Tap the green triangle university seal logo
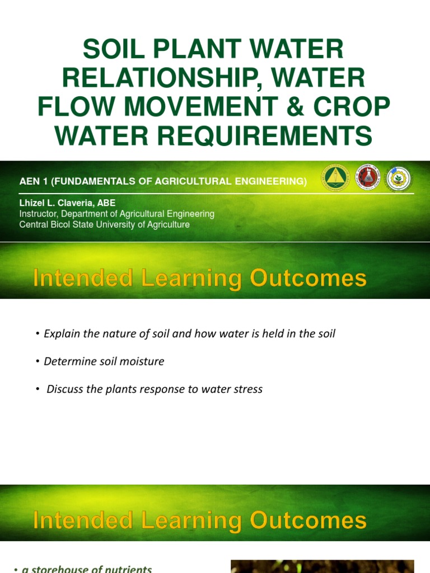point(335,179)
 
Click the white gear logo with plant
point(399,179)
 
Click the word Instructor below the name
point(38,214)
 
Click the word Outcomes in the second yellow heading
point(308,520)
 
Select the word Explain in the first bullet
point(62,334)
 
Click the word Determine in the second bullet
point(67,361)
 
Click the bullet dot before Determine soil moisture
point(37,361)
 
